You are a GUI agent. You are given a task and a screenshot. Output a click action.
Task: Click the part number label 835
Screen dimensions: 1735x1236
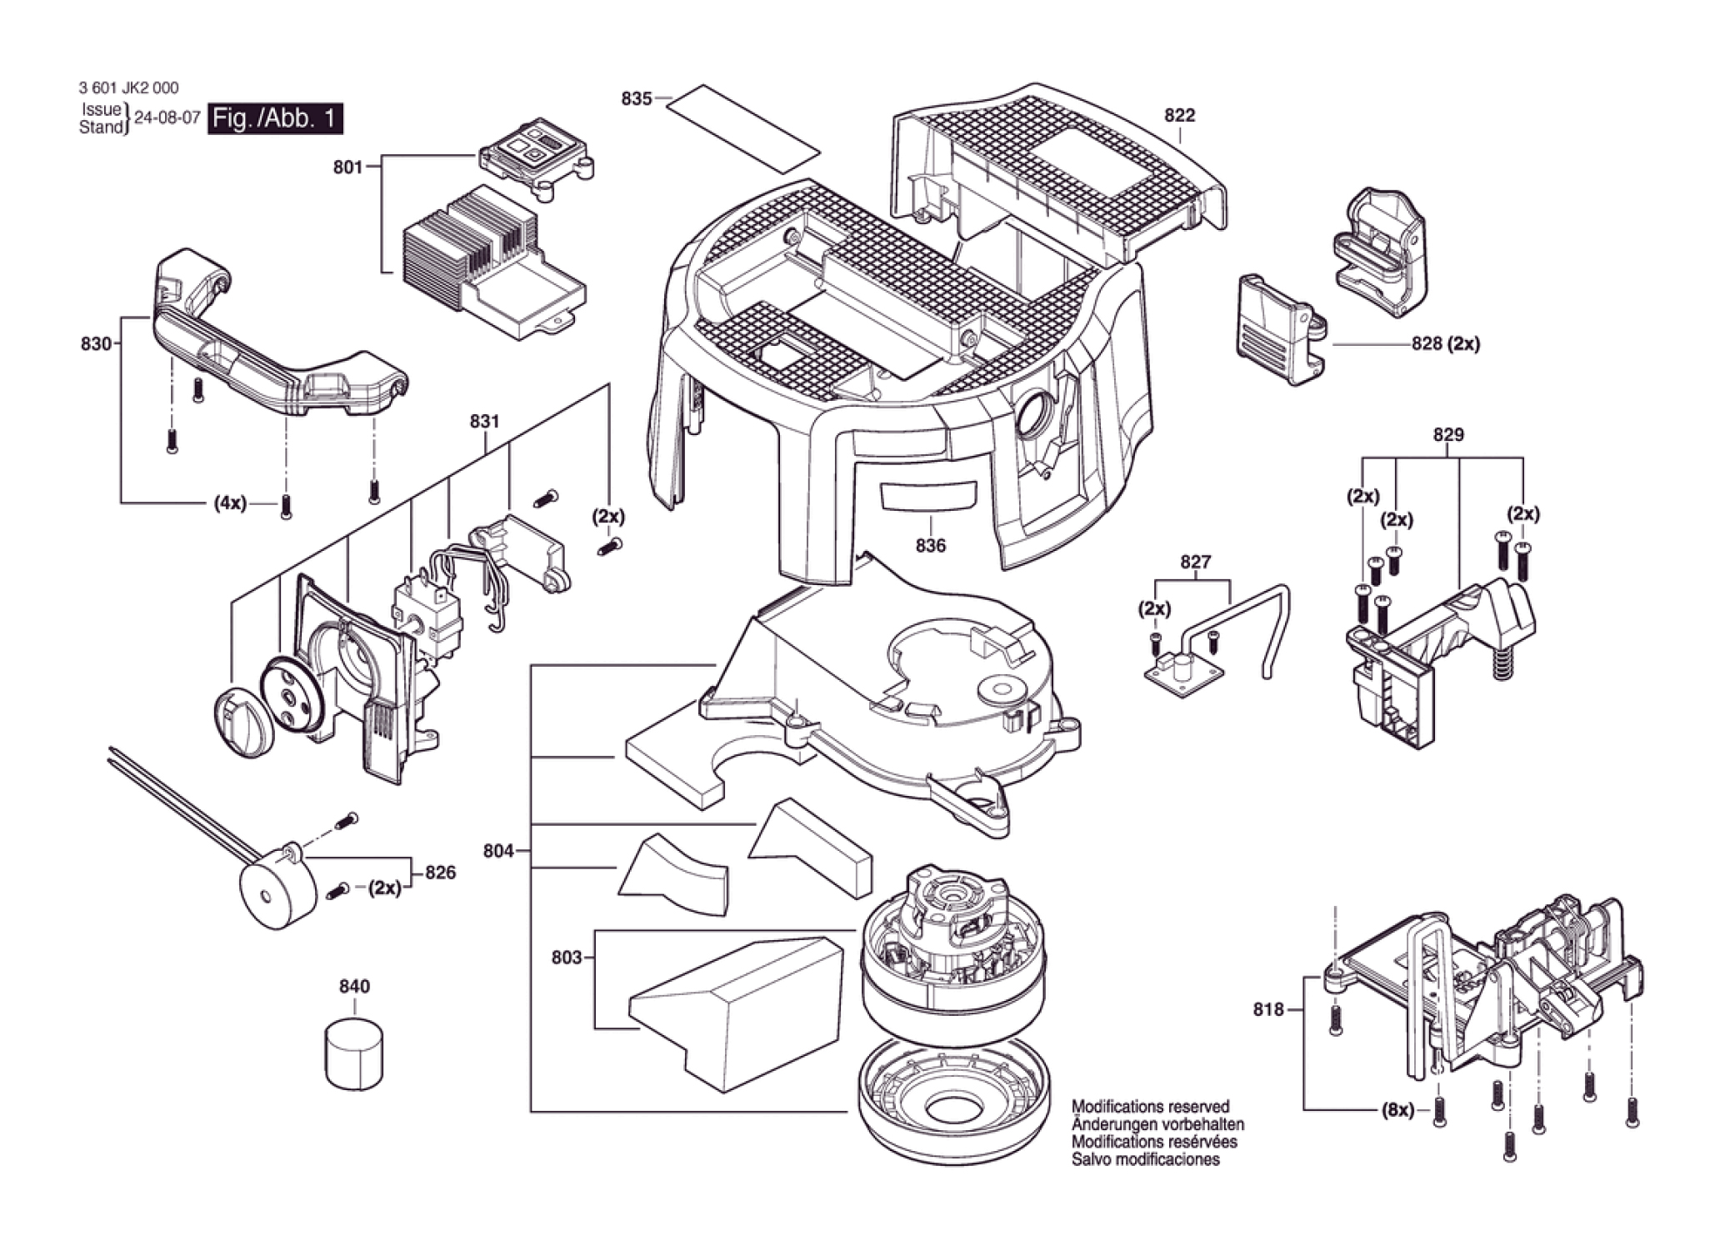point(636,98)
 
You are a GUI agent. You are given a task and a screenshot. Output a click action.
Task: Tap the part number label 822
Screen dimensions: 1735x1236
point(1179,115)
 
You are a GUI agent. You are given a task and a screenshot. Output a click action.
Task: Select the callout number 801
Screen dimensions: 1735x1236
point(347,167)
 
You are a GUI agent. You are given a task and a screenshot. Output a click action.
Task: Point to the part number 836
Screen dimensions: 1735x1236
point(930,545)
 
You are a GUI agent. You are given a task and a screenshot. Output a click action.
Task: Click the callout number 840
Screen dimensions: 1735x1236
point(354,986)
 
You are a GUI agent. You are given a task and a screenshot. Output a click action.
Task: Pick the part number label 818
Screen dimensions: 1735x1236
point(1268,1009)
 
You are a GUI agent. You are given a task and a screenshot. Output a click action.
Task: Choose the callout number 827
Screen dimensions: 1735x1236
point(1195,562)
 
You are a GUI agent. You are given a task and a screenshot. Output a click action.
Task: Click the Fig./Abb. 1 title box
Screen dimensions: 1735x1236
point(275,118)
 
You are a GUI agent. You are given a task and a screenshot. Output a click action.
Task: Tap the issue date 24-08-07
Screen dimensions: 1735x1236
point(167,118)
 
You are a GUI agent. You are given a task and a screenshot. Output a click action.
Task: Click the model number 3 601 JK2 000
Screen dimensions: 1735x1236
point(128,88)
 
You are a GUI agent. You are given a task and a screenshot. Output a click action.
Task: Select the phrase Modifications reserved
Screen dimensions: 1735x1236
point(1150,1107)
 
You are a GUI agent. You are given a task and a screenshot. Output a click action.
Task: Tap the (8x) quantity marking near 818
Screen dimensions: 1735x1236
point(1397,1110)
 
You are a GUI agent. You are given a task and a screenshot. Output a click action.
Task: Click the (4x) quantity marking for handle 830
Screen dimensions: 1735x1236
point(230,503)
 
